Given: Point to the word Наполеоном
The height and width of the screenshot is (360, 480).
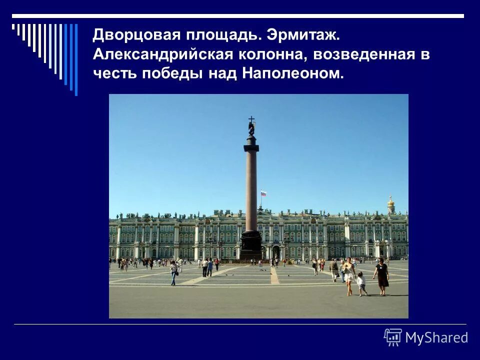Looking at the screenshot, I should pyautogui.click(x=293, y=74).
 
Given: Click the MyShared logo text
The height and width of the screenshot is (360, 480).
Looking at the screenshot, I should pyautogui.click(x=436, y=338).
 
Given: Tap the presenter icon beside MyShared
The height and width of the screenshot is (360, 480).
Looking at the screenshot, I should pyautogui.click(x=393, y=337).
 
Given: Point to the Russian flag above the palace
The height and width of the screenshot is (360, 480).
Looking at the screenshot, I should pyautogui.click(x=263, y=193).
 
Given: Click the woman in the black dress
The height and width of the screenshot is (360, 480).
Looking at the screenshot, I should pyautogui.click(x=382, y=275).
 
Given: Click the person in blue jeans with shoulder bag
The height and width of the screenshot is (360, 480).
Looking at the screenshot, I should pyautogui.click(x=173, y=273).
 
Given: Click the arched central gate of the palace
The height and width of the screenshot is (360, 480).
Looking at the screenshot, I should pyautogui.click(x=275, y=252).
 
